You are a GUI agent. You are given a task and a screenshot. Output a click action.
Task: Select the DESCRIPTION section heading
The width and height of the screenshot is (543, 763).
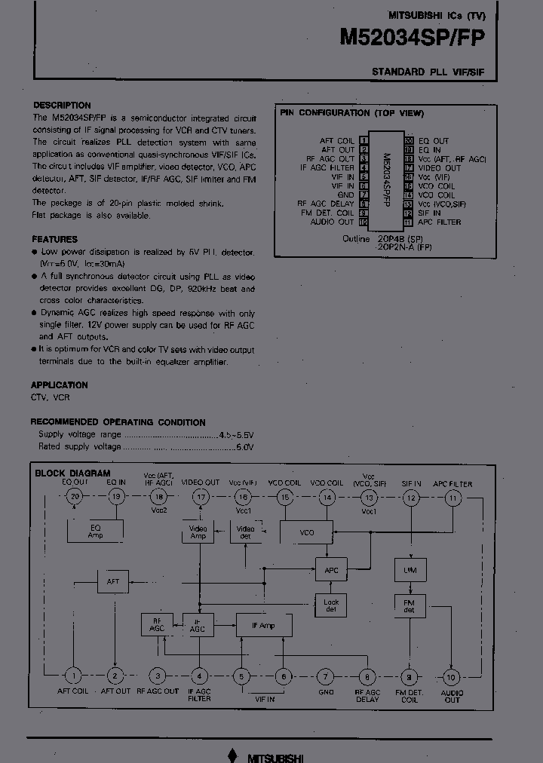click(x=62, y=106)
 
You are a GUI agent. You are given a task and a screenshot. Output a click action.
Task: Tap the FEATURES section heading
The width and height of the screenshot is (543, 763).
click(x=54, y=239)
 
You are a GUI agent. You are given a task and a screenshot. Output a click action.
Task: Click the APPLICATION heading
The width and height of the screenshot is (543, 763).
click(x=60, y=385)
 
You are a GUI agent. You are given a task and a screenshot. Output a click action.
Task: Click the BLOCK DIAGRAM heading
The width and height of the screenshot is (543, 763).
click(x=72, y=473)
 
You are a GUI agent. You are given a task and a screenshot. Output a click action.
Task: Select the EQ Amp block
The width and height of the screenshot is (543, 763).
click(x=95, y=532)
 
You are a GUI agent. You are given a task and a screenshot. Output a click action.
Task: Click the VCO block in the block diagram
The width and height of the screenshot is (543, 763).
click(x=306, y=532)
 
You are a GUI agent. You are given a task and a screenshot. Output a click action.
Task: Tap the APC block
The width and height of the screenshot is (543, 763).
click(x=331, y=571)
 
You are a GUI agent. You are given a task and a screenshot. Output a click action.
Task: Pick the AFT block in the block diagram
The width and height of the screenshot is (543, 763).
click(x=113, y=581)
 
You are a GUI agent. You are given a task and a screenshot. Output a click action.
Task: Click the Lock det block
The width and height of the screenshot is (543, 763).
click(x=331, y=605)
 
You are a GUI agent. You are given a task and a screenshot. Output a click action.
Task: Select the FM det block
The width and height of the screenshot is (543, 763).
click(x=410, y=605)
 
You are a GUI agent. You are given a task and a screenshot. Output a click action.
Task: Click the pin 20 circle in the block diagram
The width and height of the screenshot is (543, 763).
click(x=74, y=496)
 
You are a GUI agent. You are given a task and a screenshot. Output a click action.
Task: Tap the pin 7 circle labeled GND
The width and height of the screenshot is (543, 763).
click(x=325, y=676)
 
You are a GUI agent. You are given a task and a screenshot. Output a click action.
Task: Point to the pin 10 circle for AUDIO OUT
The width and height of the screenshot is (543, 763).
click(x=451, y=676)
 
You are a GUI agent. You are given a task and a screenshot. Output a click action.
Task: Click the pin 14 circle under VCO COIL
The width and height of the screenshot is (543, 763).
click(x=327, y=497)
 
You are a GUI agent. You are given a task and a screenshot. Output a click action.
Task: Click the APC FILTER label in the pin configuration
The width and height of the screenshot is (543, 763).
click(x=439, y=222)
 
